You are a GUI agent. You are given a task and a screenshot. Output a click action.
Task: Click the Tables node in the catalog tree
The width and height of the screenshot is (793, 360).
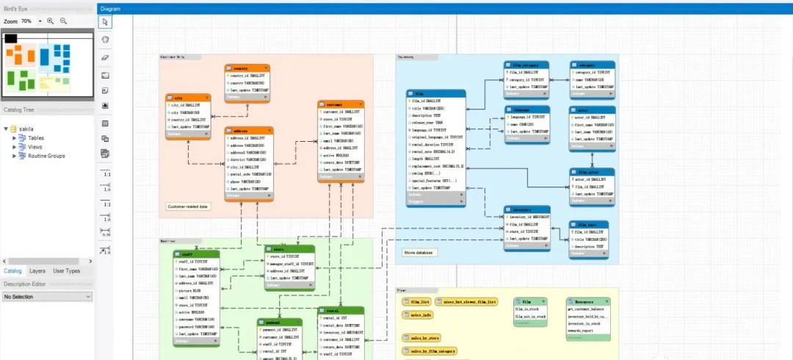pos(37,137)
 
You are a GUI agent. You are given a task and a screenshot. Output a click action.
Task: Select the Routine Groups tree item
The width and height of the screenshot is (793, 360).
pos(46,156)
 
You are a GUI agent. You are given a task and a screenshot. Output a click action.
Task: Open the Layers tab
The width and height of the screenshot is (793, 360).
pos(37,271)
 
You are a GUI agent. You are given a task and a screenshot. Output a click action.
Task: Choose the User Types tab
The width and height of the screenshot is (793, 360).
pos(67,271)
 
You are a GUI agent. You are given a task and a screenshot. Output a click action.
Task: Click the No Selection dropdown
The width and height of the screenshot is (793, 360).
pos(48,296)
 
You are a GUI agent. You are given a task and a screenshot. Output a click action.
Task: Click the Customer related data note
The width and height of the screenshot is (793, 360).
pos(189,206)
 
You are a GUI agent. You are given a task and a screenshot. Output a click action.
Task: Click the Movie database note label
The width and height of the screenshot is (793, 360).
pos(419,253)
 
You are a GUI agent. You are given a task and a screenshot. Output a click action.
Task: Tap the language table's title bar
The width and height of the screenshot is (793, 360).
pos(526,109)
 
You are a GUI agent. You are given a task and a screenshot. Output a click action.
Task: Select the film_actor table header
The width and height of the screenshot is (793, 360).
pos(592,172)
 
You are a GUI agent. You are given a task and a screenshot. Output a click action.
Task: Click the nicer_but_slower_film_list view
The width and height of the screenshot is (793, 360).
pos(468,301)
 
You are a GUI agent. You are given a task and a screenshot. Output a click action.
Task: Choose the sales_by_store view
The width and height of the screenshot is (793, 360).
pos(424,338)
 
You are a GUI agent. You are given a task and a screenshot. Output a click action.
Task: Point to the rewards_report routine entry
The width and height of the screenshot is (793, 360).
pos(582,330)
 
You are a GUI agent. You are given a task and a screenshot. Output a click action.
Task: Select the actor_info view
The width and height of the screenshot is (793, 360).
pos(417,314)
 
